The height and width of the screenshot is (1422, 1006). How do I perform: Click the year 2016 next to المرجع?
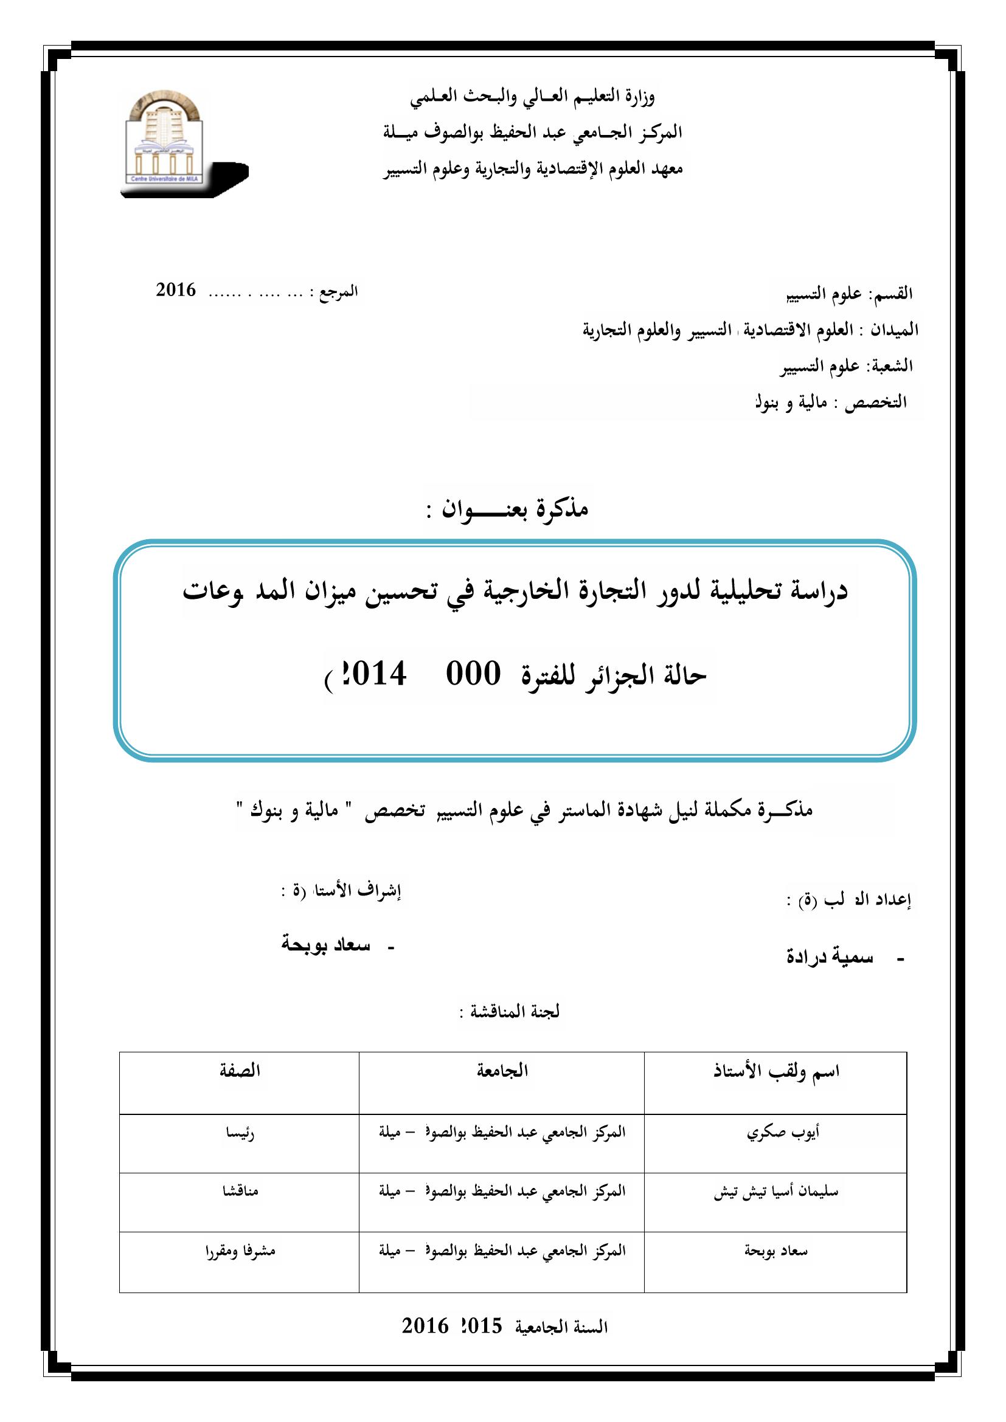176,290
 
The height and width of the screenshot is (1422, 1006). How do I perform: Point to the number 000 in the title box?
473,674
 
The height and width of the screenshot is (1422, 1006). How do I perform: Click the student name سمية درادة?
830,957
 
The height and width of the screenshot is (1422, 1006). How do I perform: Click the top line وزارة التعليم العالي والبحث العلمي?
532,97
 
